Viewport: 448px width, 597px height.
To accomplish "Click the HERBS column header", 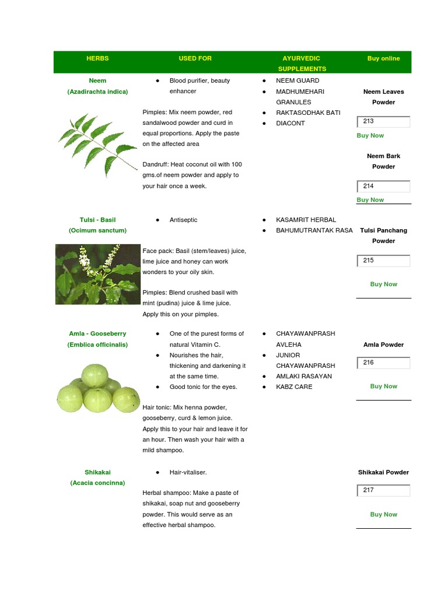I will [97, 58].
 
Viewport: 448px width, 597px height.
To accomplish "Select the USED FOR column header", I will [195, 58].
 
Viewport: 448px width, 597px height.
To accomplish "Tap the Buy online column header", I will [383, 58].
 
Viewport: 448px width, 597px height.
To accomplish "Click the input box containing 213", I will [383, 122].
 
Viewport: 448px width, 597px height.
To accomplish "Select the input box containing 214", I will [383, 187].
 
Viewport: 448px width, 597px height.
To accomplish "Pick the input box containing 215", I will [383, 261].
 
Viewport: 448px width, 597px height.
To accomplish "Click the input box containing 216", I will [383, 363].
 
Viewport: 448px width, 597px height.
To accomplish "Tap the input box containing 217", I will [383, 490].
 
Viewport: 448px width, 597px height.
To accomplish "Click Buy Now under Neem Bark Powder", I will [370, 199].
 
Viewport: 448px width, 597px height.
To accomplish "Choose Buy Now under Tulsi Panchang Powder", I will [383, 284].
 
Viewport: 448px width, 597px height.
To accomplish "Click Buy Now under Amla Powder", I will [383, 386].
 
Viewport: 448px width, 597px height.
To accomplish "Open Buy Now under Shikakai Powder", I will [383, 514].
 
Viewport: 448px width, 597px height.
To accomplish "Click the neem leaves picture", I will [97, 145].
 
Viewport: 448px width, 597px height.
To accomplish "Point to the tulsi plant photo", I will [97, 274].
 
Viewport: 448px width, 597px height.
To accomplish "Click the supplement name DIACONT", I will [290, 123].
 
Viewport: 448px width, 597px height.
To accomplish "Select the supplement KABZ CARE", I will [293, 387].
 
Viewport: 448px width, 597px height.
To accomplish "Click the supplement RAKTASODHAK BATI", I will [307, 113].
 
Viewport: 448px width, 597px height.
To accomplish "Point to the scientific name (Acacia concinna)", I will [97, 483].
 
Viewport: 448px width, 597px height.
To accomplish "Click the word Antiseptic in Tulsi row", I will [183, 220].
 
